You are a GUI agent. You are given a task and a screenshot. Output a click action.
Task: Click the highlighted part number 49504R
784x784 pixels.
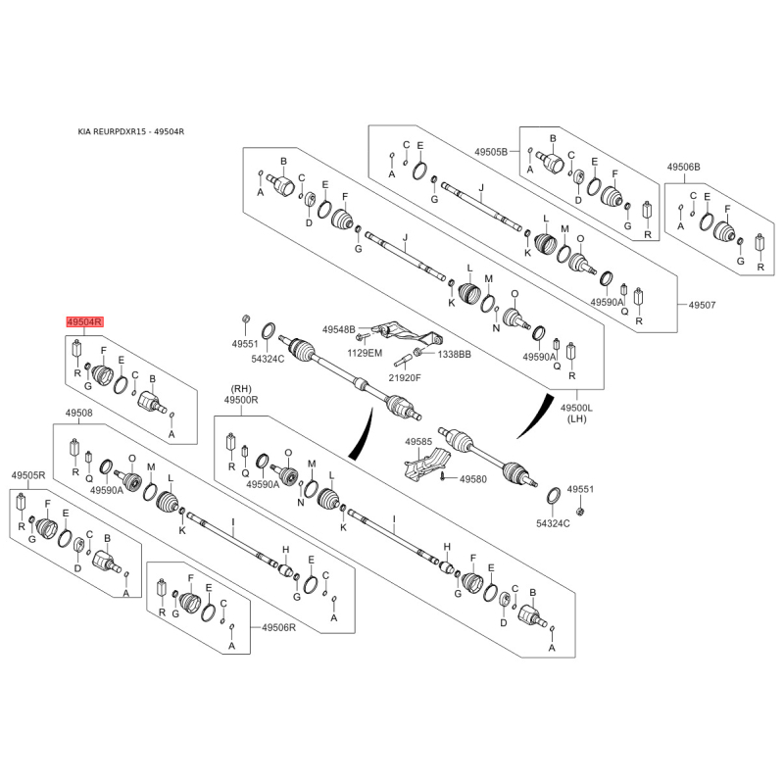coord(85,322)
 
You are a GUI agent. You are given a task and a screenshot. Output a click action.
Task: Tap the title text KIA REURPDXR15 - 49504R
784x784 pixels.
coord(131,132)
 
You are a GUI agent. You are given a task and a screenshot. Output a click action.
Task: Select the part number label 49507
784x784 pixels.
coord(702,305)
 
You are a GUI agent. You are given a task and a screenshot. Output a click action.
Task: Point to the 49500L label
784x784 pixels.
coord(576,408)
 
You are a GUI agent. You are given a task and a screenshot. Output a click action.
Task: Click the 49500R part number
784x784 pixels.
coord(241,400)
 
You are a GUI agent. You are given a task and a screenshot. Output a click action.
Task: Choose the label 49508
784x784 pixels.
coord(79,413)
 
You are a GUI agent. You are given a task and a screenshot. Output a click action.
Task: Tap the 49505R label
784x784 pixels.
coord(28,475)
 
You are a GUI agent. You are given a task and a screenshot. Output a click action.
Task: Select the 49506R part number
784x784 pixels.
coord(279,627)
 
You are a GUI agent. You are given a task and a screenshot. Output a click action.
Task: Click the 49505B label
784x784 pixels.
coord(491,152)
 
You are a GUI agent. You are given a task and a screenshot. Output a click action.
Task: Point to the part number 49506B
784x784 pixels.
coord(683,167)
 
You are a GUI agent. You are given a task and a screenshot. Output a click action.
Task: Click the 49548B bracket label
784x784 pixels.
coord(338,329)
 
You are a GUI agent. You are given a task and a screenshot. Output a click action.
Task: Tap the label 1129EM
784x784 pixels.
coord(365,353)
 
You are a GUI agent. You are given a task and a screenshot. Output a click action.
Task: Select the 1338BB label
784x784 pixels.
coord(454,355)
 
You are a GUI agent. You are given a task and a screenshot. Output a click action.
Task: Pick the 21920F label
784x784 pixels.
coord(405,377)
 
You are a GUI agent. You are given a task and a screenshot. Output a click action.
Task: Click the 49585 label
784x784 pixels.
coord(418,442)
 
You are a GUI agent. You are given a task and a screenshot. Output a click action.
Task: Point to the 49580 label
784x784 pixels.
coord(473,479)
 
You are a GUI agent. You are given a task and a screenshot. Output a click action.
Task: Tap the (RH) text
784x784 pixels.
coord(241,389)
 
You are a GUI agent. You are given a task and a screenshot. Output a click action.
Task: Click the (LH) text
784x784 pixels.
coord(576,418)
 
